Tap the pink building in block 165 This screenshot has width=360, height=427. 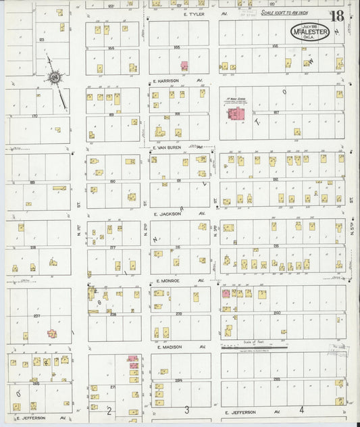coord(184,66)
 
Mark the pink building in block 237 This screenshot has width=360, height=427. coord(52,332)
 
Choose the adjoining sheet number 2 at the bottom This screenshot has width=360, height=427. coord(109,409)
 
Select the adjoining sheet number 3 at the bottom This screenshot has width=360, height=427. coord(186,409)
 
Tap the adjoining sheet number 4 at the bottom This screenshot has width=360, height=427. coord(301,409)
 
